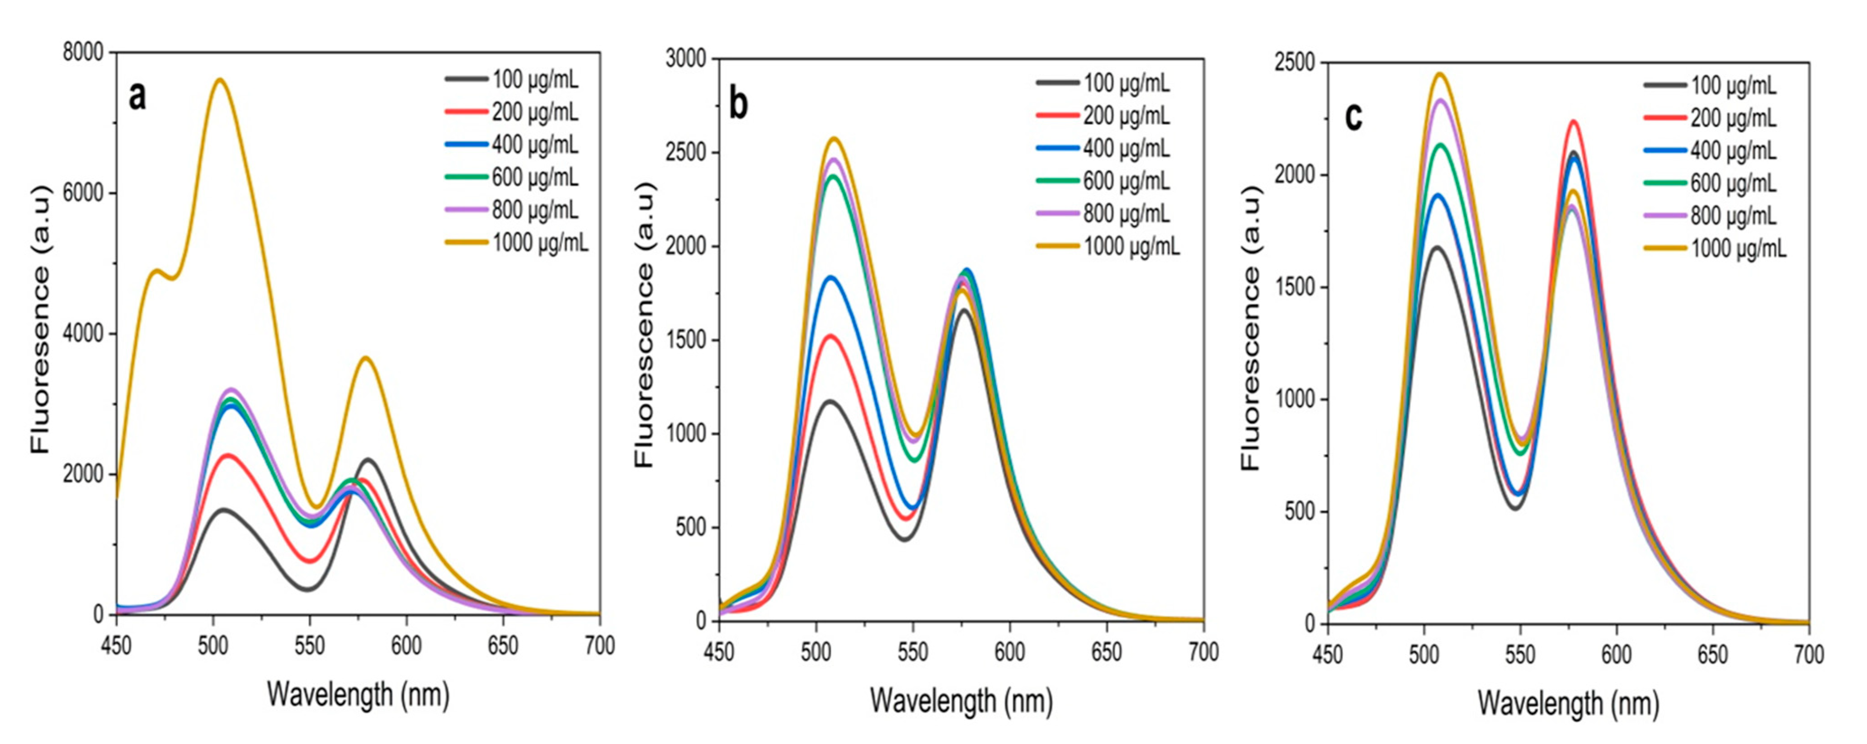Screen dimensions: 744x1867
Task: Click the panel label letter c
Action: coord(1353,117)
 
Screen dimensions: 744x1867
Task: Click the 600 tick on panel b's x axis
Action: coord(1009,652)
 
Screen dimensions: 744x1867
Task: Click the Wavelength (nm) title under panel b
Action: coord(961,701)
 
